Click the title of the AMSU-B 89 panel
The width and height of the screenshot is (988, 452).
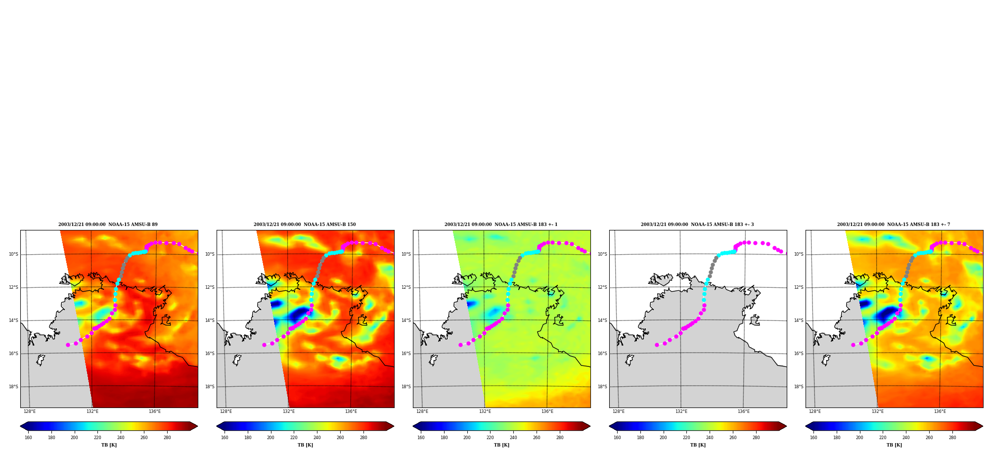pyautogui.click(x=108, y=225)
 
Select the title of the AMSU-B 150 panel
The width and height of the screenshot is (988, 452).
pyautogui.click(x=305, y=225)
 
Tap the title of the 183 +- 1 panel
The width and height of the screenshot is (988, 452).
pyautogui.click(x=501, y=225)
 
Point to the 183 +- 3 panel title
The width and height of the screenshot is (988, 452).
pyautogui.click(x=697, y=225)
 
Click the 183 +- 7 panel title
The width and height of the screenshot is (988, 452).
pyautogui.click(x=894, y=225)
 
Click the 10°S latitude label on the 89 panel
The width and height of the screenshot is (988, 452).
pyautogui.click(x=13, y=254)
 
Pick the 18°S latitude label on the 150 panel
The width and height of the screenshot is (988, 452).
pyautogui.click(x=210, y=387)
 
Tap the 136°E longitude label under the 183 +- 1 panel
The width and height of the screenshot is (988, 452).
pyautogui.click(x=547, y=411)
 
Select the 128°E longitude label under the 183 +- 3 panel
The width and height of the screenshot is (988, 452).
pyautogui.click(x=619, y=411)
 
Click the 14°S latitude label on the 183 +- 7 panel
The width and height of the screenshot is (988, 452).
pyautogui.click(x=799, y=320)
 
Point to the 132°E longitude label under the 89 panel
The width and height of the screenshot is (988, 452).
pyautogui.click(x=92, y=411)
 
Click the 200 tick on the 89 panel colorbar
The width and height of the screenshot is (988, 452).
pyautogui.click(x=74, y=438)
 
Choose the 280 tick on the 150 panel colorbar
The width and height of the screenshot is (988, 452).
pyautogui.click(x=363, y=438)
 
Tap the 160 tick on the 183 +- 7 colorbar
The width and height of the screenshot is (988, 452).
pyautogui.click(x=813, y=438)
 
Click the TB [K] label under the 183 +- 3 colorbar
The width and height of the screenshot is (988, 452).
pyautogui.click(x=698, y=445)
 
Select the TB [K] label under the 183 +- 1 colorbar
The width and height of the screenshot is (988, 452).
pyautogui.click(x=501, y=445)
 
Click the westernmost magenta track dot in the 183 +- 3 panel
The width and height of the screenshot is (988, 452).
pyautogui.click(x=657, y=345)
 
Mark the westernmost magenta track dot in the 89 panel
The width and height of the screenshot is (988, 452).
pyautogui.click(x=68, y=345)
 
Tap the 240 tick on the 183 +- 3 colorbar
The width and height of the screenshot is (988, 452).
pyautogui.click(x=710, y=438)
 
